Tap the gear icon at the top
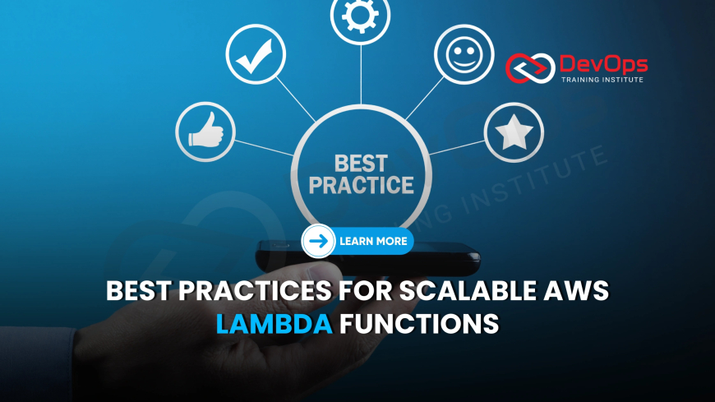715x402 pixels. point(360,16)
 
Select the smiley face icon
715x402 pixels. point(464,54)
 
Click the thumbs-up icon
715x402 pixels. point(205,132)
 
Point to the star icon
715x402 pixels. point(514,132)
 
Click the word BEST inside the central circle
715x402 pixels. point(361,164)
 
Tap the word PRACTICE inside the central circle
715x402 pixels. point(361,185)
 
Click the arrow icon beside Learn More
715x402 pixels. point(318,241)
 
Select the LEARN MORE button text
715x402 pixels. point(373,242)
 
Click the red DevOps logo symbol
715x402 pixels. point(530,68)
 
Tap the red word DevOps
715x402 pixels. point(603,64)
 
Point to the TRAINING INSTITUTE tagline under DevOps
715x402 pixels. point(602,80)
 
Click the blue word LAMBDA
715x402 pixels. point(274,324)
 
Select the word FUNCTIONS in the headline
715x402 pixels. point(419,324)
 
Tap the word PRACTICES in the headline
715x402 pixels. point(255,290)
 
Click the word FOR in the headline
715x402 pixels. point(366,290)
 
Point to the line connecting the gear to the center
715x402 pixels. point(361,75)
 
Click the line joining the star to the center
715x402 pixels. point(457,148)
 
